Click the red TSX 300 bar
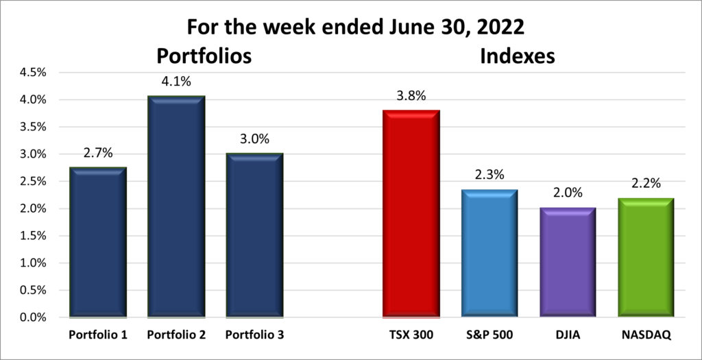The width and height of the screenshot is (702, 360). [x=411, y=214]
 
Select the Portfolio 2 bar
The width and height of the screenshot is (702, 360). [x=177, y=207]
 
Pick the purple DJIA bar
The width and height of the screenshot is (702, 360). [x=568, y=263]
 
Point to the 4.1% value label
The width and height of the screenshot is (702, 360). [x=177, y=81]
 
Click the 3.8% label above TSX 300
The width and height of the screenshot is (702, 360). [x=411, y=95]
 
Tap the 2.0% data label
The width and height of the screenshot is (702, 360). [x=568, y=193]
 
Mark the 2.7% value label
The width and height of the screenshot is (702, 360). [x=98, y=153]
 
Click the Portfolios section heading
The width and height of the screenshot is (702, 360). [x=204, y=56]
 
